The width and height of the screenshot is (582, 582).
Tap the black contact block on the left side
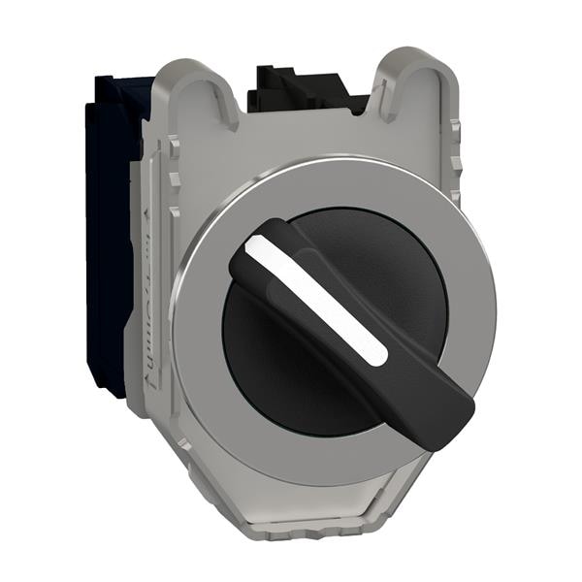(107, 233)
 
